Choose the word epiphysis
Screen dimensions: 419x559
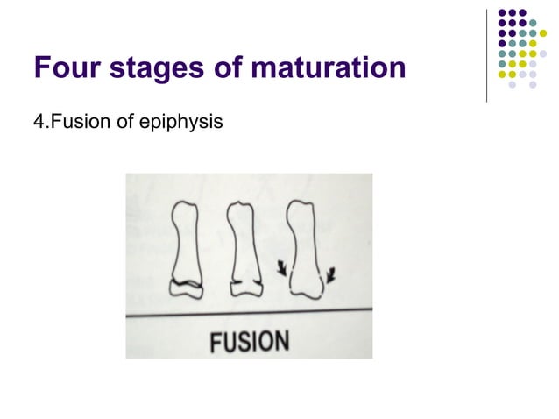(x=182, y=123)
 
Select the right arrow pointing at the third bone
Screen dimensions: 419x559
(x=331, y=279)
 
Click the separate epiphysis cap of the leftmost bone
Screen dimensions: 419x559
(x=186, y=291)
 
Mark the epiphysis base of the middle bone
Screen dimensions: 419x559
(x=244, y=289)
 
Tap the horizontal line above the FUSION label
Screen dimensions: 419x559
(x=249, y=312)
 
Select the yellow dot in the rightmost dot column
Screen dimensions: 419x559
(x=543, y=34)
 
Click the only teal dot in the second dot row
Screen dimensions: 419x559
(x=533, y=24)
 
